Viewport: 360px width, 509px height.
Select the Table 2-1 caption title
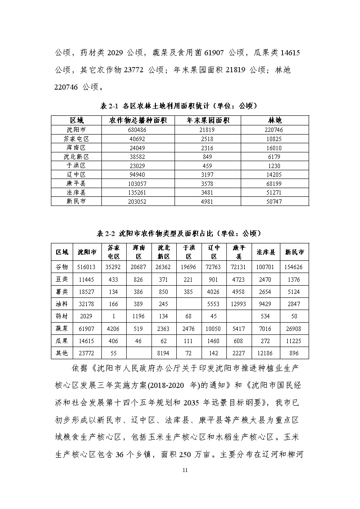coord(180,106)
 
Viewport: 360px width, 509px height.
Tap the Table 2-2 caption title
coord(180,233)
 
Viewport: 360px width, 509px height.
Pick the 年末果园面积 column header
coord(208,120)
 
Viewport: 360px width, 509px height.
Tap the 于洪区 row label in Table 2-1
coord(76,165)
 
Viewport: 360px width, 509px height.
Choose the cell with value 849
coord(208,156)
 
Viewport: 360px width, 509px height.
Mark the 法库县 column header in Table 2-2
coord(266,252)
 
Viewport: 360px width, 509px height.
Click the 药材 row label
coord(62,315)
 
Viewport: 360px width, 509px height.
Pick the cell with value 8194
coord(164,353)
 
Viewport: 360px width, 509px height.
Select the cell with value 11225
coord(294,341)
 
